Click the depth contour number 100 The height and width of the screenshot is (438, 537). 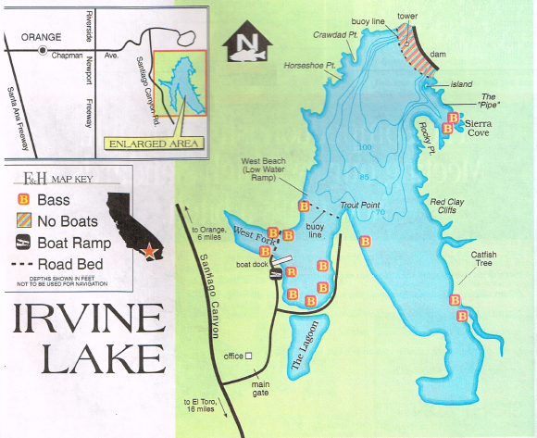click(365, 148)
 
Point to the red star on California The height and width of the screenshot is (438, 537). click(150, 250)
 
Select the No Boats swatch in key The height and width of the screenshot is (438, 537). click(24, 221)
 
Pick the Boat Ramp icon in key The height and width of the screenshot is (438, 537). click(24, 243)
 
